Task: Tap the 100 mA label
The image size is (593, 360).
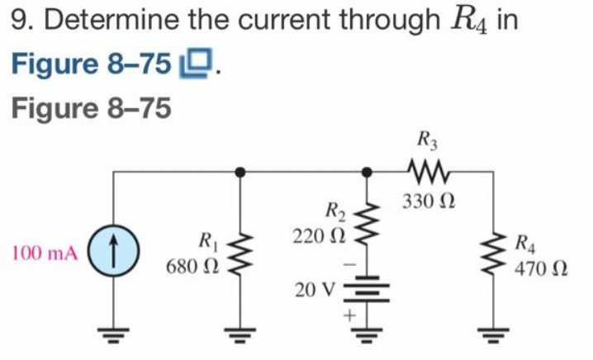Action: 45,252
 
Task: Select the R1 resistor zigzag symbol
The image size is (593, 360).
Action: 240,252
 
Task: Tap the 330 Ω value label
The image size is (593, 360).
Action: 429,201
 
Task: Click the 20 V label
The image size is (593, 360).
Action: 315,291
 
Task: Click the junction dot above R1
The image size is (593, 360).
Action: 240,173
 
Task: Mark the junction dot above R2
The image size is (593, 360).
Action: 364,173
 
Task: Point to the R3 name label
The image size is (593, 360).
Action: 426,138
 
